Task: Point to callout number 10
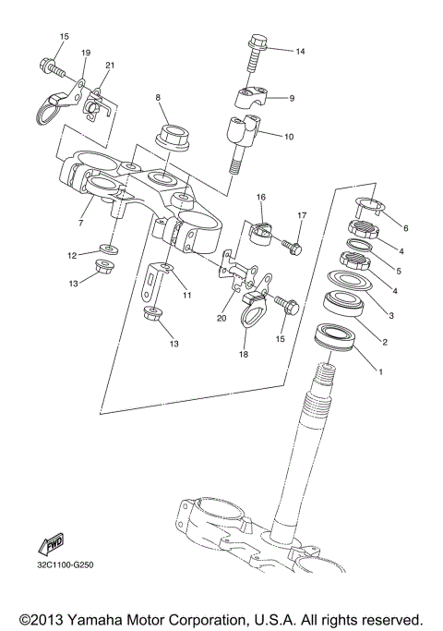pos(288,137)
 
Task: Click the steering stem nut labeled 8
pos(173,136)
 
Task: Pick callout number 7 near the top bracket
pos(80,223)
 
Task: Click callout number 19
pos(86,53)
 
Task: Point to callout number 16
pos(261,197)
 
